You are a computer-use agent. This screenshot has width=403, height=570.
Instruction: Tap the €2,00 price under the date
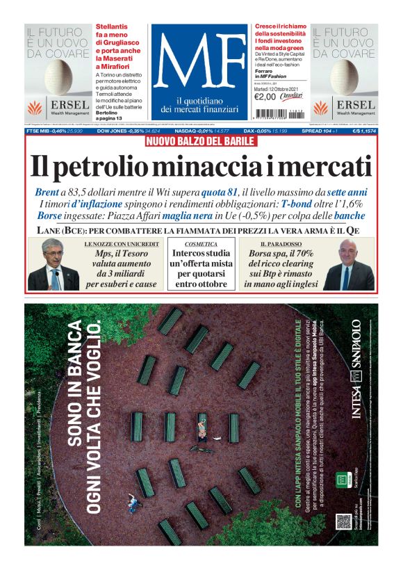(266, 97)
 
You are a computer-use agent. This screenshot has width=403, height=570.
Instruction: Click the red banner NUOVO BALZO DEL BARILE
(201, 141)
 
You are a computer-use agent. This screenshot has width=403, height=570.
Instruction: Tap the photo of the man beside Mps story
(53, 264)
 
